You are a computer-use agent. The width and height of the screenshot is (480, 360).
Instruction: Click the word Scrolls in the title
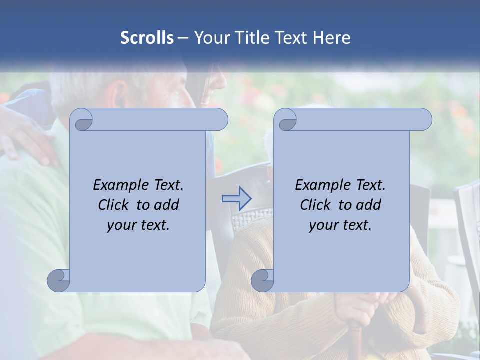147,38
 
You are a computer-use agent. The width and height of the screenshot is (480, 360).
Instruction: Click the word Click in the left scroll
114,205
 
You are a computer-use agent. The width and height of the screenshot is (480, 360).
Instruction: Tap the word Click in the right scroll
316,205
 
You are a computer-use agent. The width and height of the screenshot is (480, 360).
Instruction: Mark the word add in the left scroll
167,205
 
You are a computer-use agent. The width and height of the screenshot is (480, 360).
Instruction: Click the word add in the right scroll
369,205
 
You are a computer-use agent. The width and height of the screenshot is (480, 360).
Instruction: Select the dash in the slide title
183,38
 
